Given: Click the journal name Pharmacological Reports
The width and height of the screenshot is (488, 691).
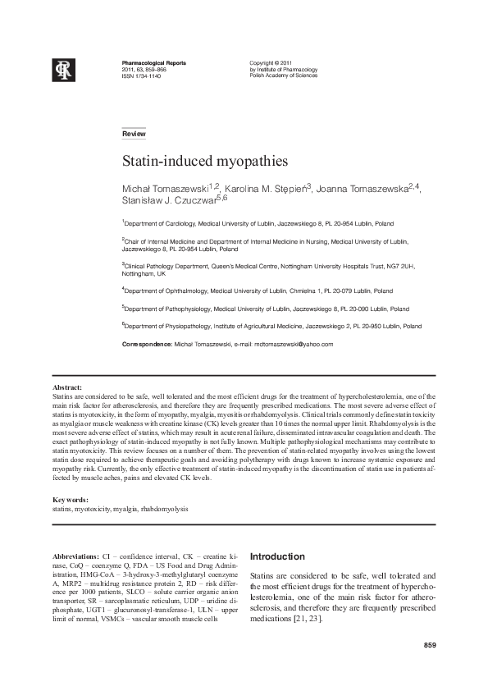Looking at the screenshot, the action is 153,63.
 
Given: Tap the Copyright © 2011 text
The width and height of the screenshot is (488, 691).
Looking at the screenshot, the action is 271,63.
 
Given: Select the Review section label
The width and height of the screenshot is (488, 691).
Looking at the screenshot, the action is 133,134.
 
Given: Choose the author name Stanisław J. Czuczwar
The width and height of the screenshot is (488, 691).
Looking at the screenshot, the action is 171,201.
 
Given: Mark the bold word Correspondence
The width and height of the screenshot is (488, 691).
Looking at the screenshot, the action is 145,344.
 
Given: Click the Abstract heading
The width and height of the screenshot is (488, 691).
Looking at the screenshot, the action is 67,387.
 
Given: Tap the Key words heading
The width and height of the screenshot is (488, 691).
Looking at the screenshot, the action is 70,500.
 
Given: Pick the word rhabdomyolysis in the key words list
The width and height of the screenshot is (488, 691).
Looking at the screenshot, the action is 164,509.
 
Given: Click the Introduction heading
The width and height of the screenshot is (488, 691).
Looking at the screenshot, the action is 277,556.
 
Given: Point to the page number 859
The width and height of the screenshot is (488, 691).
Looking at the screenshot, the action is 429,646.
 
